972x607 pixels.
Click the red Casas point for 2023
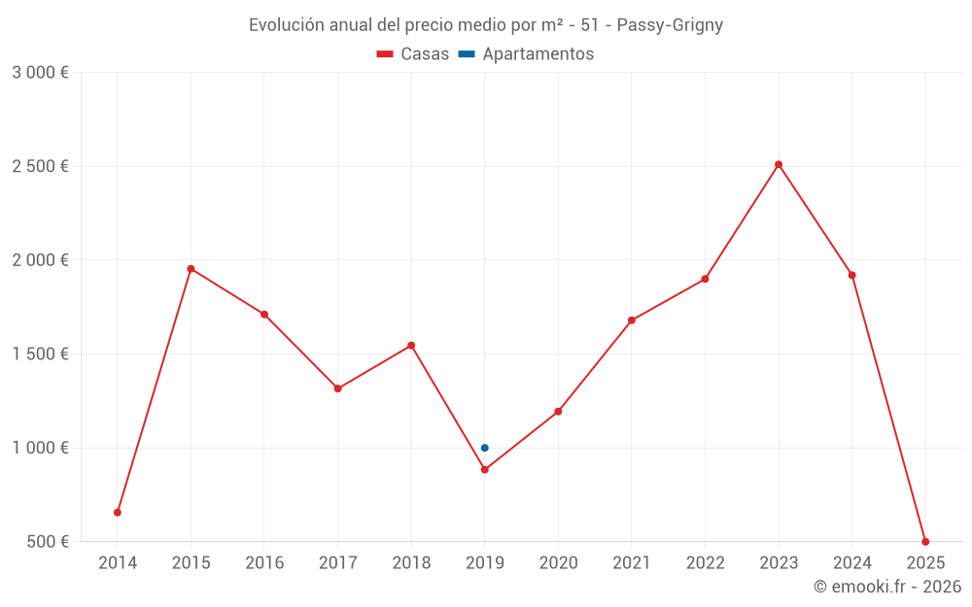click(x=779, y=164)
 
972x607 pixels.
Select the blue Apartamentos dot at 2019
click(x=484, y=448)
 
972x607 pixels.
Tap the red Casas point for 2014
click(x=118, y=512)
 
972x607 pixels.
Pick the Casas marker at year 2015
click(x=191, y=268)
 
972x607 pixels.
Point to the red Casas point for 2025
click(x=925, y=541)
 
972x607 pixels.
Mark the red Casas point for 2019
click(x=484, y=469)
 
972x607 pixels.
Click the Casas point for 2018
click(x=411, y=345)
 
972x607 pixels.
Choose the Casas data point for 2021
click(x=632, y=320)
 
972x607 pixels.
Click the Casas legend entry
click(x=413, y=54)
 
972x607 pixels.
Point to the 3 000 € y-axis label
click(x=40, y=73)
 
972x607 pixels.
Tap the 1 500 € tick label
click(x=40, y=354)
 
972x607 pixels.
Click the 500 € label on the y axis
click(x=47, y=542)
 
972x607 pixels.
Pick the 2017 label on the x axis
click(x=337, y=563)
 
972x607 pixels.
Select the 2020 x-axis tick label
click(x=558, y=563)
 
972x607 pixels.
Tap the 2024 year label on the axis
click(x=851, y=563)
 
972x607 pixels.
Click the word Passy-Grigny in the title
click(x=670, y=25)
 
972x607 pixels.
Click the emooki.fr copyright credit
click(x=886, y=587)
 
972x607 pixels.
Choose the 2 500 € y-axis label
click(x=40, y=166)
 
